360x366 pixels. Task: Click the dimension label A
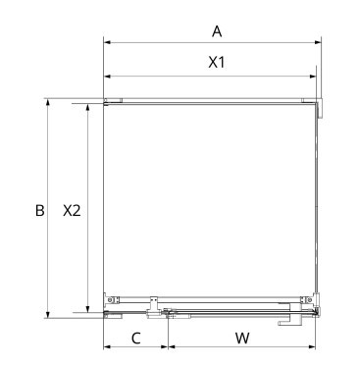[217, 31]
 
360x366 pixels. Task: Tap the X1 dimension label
[217, 62]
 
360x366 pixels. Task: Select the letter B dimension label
[39, 211]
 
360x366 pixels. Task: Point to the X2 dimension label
[72, 211]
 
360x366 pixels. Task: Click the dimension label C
[136, 339]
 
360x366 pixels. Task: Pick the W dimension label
[242, 339]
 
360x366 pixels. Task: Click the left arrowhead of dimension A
[107, 42]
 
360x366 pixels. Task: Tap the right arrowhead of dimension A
[318, 42]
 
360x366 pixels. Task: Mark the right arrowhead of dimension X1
[313, 77]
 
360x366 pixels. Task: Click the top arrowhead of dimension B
[48, 102]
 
